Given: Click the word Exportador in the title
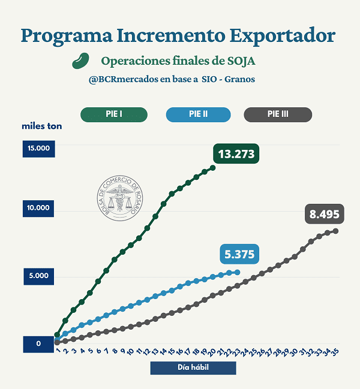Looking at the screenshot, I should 282,35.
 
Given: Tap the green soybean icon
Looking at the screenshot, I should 80,61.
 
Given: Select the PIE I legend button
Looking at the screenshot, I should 114,114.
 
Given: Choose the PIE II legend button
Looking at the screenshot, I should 198,114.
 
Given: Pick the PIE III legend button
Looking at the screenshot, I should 278,114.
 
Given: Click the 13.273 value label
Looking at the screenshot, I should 236,154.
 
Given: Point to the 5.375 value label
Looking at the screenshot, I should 239,254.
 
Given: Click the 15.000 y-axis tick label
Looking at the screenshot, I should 39,149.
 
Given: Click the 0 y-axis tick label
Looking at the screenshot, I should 39,344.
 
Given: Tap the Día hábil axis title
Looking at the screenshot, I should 193,367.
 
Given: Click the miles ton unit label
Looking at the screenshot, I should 42,126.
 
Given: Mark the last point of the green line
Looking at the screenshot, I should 212,168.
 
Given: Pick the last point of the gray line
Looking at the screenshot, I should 335,231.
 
